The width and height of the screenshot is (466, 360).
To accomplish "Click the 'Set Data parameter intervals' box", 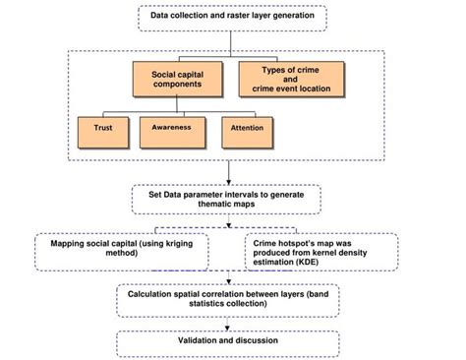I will [x=227, y=200].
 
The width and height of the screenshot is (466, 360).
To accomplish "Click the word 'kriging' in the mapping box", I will [x=179, y=241].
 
